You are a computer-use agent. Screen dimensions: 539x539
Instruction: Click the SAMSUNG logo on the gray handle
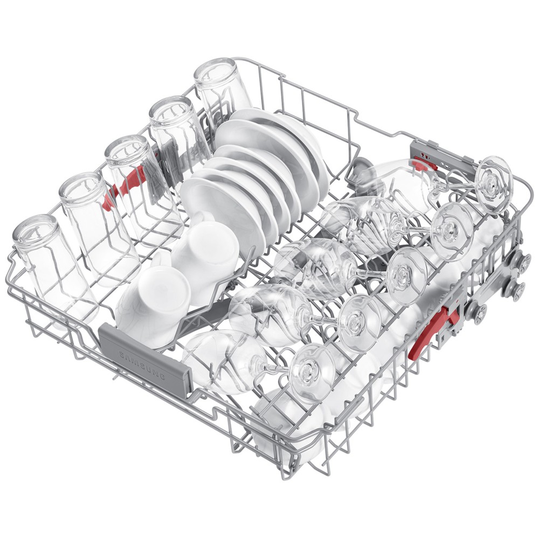click(x=142, y=365)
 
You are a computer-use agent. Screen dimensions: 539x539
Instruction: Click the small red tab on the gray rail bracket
click(x=426, y=163)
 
